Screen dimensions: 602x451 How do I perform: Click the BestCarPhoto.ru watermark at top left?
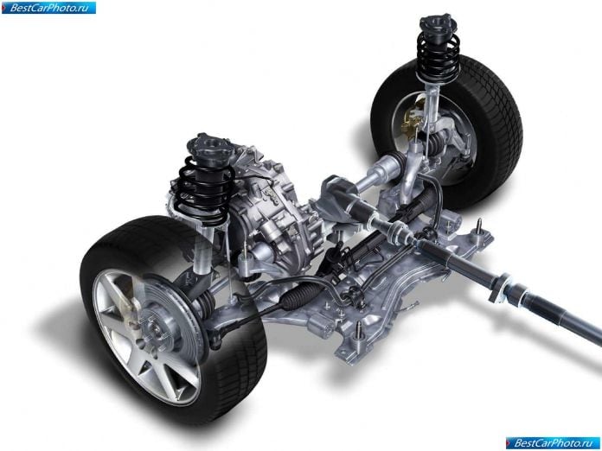[48, 8]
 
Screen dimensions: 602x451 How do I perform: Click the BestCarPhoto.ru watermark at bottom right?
[553, 443]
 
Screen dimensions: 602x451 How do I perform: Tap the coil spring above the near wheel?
[204, 191]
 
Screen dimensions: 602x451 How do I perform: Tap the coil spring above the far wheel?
[439, 57]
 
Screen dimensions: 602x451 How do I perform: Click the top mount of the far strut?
[438, 24]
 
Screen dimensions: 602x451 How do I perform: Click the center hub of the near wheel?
[156, 328]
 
